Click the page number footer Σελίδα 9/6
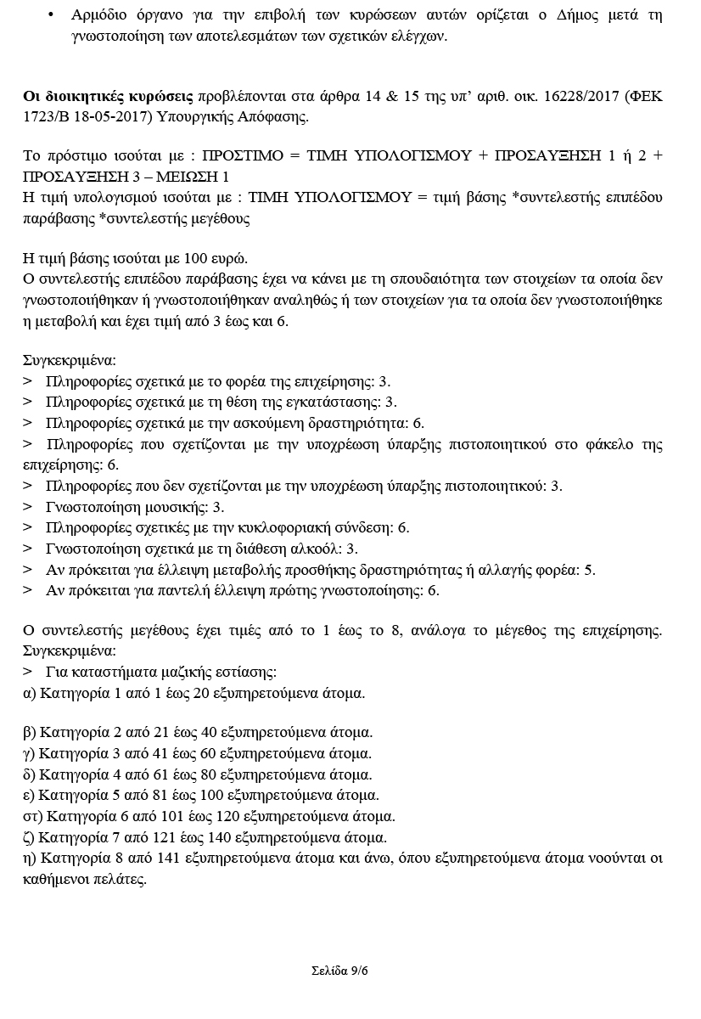(x=339, y=971)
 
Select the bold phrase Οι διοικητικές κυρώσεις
(x=109, y=97)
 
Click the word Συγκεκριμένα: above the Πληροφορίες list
(x=69, y=361)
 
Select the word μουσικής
(x=174, y=507)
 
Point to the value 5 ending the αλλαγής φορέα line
(x=590, y=570)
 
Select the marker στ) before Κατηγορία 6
(x=33, y=817)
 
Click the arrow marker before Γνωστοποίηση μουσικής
(x=27, y=507)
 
